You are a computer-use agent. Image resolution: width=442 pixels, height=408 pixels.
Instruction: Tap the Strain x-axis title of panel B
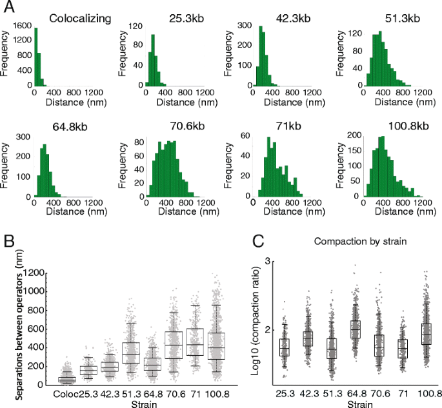point(141,403)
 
